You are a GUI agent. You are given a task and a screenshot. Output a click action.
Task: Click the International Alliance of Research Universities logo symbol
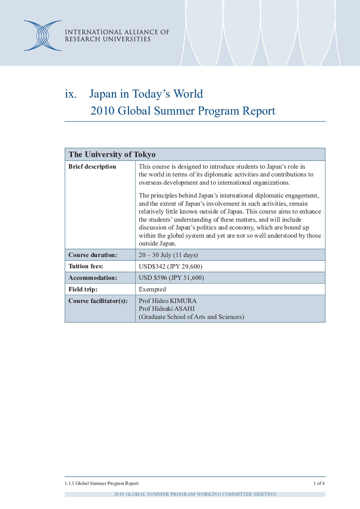43,36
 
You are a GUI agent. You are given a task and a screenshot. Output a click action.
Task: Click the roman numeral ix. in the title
71,94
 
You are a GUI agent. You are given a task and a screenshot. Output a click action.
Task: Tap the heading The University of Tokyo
112,154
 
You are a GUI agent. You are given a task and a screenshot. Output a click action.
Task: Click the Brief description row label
92,167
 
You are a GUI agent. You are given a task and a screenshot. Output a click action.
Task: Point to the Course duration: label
93,255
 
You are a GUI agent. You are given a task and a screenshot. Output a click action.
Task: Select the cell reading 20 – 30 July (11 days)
168,255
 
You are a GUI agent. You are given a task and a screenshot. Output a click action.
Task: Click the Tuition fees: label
86,266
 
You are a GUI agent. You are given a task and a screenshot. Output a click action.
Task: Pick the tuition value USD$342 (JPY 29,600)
170,267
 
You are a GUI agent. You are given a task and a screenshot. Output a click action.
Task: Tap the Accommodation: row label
93,278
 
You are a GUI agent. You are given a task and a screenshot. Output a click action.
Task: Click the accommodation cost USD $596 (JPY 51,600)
171,278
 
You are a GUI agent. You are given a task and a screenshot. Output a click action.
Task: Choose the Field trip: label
83,289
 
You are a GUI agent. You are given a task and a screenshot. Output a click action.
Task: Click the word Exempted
152,289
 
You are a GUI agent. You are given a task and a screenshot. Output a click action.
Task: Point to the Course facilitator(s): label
98,301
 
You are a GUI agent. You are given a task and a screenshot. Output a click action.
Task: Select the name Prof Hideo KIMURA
167,301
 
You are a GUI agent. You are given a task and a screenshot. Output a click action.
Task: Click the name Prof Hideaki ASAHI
167,309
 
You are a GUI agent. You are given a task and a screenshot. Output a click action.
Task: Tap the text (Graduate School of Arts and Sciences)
191,317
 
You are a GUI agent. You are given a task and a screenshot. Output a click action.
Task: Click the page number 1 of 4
319,483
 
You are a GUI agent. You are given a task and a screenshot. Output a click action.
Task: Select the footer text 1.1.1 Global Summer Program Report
102,483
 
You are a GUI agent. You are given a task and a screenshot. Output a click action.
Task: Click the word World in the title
188,94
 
